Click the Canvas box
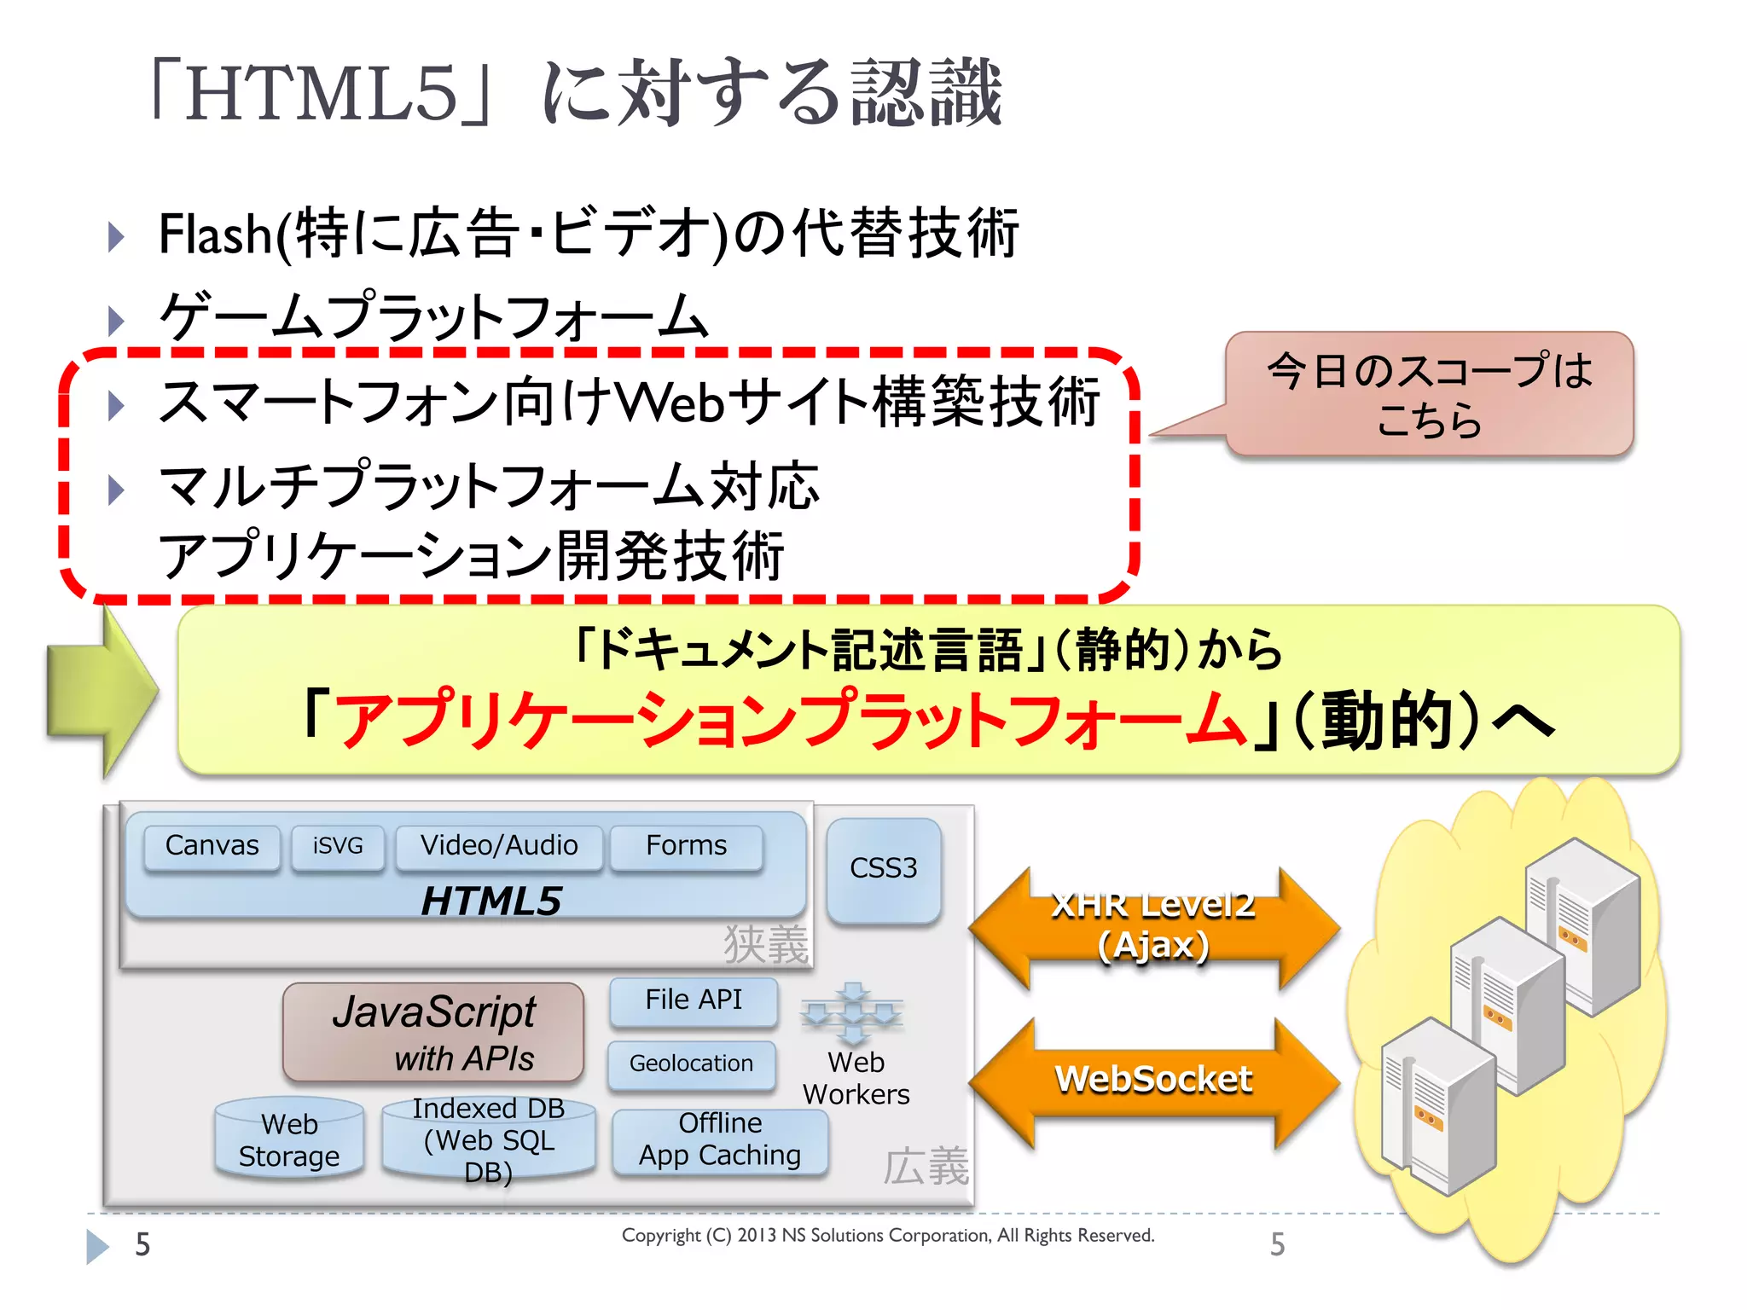coord(212,847)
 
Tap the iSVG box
coord(338,847)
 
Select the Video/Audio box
coord(499,847)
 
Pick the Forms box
coord(686,847)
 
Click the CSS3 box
coord(884,869)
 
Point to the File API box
coord(694,1000)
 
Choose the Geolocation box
coord(691,1064)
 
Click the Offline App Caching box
coord(720,1140)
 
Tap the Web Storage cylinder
coord(289,1140)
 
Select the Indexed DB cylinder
coord(489,1140)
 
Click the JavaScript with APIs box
coord(433,1032)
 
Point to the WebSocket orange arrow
coord(1153,1081)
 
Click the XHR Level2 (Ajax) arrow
coord(1153,927)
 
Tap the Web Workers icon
coord(852,1015)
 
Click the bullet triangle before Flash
coord(117,236)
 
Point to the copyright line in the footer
coord(887,1236)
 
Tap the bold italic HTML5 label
coord(491,901)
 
